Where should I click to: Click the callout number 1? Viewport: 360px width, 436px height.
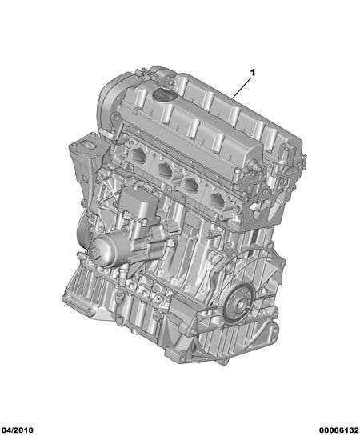[253, 73]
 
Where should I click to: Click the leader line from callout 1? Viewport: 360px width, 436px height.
[242, 87]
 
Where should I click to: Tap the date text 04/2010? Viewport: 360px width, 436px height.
[17, 430]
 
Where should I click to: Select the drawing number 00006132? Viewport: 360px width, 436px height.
[339, 430]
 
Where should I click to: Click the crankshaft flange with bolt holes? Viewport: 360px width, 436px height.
[240, 304]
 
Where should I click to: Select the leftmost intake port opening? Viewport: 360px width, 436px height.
[139, 155]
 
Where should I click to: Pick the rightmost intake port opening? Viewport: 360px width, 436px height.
[218, 200]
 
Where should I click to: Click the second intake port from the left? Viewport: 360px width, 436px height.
[166, 170]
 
